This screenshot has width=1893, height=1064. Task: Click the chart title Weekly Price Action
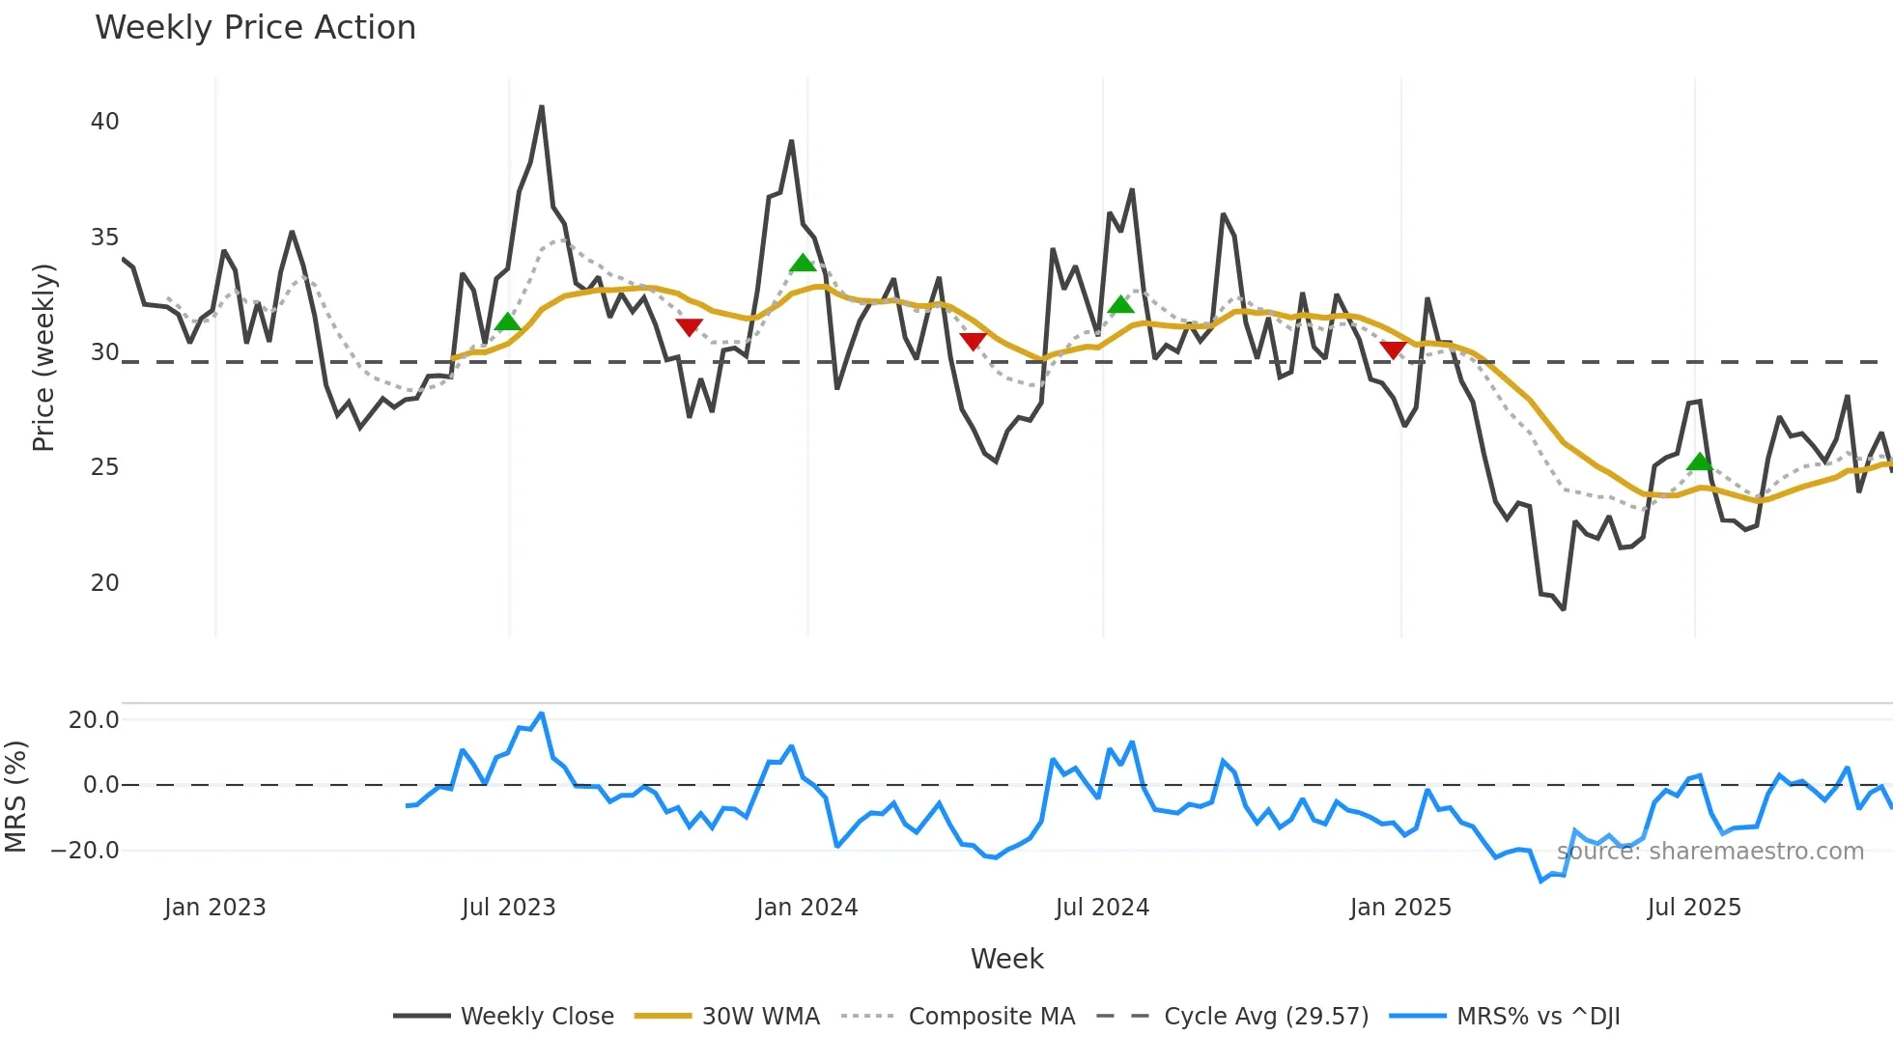(255, 28)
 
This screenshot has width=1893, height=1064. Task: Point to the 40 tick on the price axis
(104, 122)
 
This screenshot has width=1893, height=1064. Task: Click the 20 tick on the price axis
(104, 583)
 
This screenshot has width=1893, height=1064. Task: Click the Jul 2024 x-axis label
(1102, 908)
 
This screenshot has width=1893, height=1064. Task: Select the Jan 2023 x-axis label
(214, 908)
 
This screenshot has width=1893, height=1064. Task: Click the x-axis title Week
(1006, 959)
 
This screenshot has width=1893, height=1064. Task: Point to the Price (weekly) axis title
(43, 357)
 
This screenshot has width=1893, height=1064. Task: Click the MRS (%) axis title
(15, 797)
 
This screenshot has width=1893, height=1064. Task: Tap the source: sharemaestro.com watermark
(1709, 852)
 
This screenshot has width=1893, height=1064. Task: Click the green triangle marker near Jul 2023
(507, 322)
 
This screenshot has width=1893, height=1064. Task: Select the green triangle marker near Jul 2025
(1699, 462)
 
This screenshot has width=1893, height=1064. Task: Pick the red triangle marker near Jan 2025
(1393, 350)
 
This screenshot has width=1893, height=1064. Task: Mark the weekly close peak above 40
(542, 107)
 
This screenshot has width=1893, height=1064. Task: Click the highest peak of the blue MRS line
(542, 714)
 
